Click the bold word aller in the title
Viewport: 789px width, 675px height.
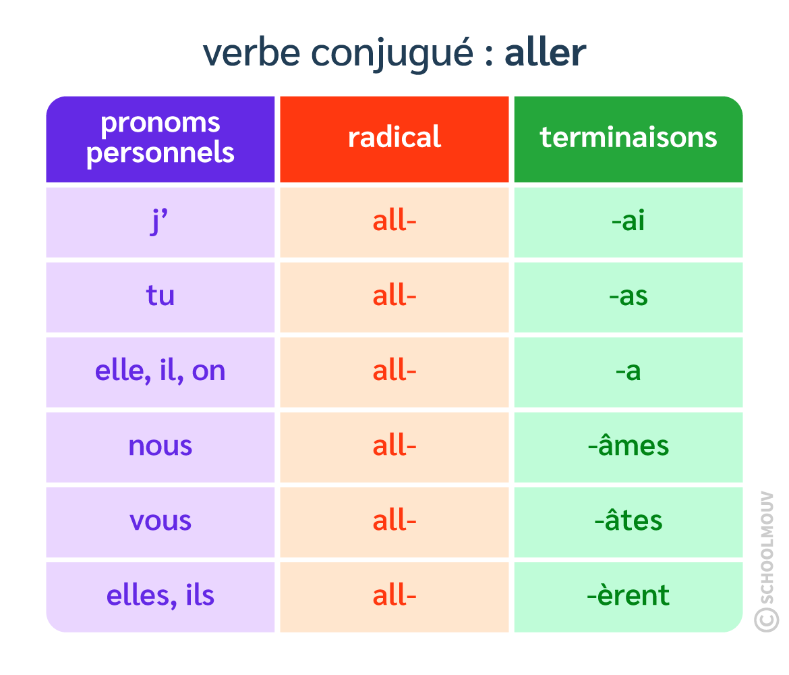(x=546, y=53)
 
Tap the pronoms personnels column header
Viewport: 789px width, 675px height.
(x=160, y=138)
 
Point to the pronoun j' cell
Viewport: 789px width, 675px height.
(x=160, y=222)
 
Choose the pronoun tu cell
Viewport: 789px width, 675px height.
(x=160, y=296)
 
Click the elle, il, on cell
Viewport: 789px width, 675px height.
(x=160, y=371)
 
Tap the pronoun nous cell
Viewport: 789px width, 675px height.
(x=160, y=446)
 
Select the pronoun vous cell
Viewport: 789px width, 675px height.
(x=160, y=521)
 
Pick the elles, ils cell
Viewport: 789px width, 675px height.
(x=160, y=596)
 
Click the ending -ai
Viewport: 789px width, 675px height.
(x=629, y=221)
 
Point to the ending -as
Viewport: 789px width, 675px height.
(x=629, y=296)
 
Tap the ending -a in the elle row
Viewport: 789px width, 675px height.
(x=629, y=371)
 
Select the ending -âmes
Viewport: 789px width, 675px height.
(x=629, y=446)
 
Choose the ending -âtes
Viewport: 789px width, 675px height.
(x=629, y=520)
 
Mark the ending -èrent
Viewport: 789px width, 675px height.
(x=629, y=595)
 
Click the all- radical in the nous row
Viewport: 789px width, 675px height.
(x=394, y=446)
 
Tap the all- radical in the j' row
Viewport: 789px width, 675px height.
(x=394, y=221)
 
